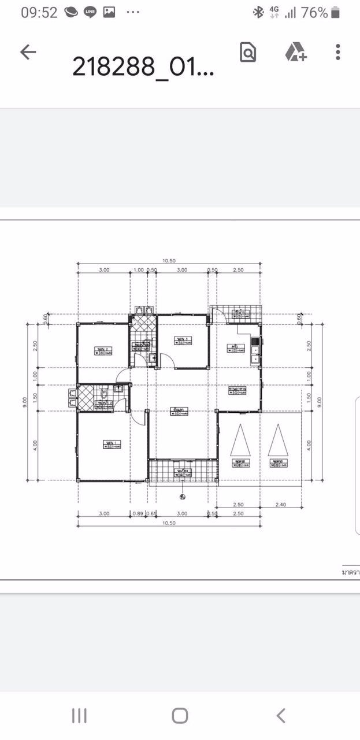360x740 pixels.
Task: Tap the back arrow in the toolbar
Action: click(28, 52)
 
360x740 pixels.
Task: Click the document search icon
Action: click(248, 53)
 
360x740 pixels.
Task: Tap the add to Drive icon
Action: click(295, 53)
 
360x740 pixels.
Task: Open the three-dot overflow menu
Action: click(338, 52)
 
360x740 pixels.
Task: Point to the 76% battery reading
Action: click(315, 12)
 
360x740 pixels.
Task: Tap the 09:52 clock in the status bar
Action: click(39, 12)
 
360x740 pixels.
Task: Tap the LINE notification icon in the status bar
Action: click(90, 12)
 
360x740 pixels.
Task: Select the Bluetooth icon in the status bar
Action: click(258, 12)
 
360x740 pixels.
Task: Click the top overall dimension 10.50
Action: click(169, 260)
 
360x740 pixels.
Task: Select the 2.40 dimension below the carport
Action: click(280, 505)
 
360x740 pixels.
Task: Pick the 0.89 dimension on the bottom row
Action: click(138, 513)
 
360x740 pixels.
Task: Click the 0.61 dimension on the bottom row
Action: click(151, 513)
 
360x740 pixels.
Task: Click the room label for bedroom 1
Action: click(110, 443)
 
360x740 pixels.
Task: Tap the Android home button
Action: click(180, 716)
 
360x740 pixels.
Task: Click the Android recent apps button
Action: click(79, 716)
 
